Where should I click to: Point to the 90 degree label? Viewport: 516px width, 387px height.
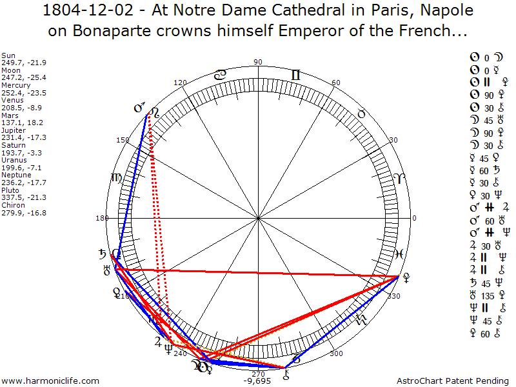click(258, 62)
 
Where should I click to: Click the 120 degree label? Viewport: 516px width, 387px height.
click(181, 83)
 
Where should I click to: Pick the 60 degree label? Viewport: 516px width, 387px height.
click(336, 83)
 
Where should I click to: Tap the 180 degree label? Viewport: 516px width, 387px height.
click(102, 218)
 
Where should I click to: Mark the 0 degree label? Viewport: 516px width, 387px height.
click(414, 218)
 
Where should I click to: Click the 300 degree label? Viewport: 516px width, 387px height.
click(336, 353)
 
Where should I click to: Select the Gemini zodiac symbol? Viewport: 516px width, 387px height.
click(295, 75)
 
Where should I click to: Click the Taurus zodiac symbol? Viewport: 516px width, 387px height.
click(362, 114)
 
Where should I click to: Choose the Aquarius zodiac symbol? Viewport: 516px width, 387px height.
click(362, 321)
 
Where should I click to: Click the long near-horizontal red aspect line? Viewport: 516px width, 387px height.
click(258, 272)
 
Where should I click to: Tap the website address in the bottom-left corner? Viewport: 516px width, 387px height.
click(51, 381)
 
